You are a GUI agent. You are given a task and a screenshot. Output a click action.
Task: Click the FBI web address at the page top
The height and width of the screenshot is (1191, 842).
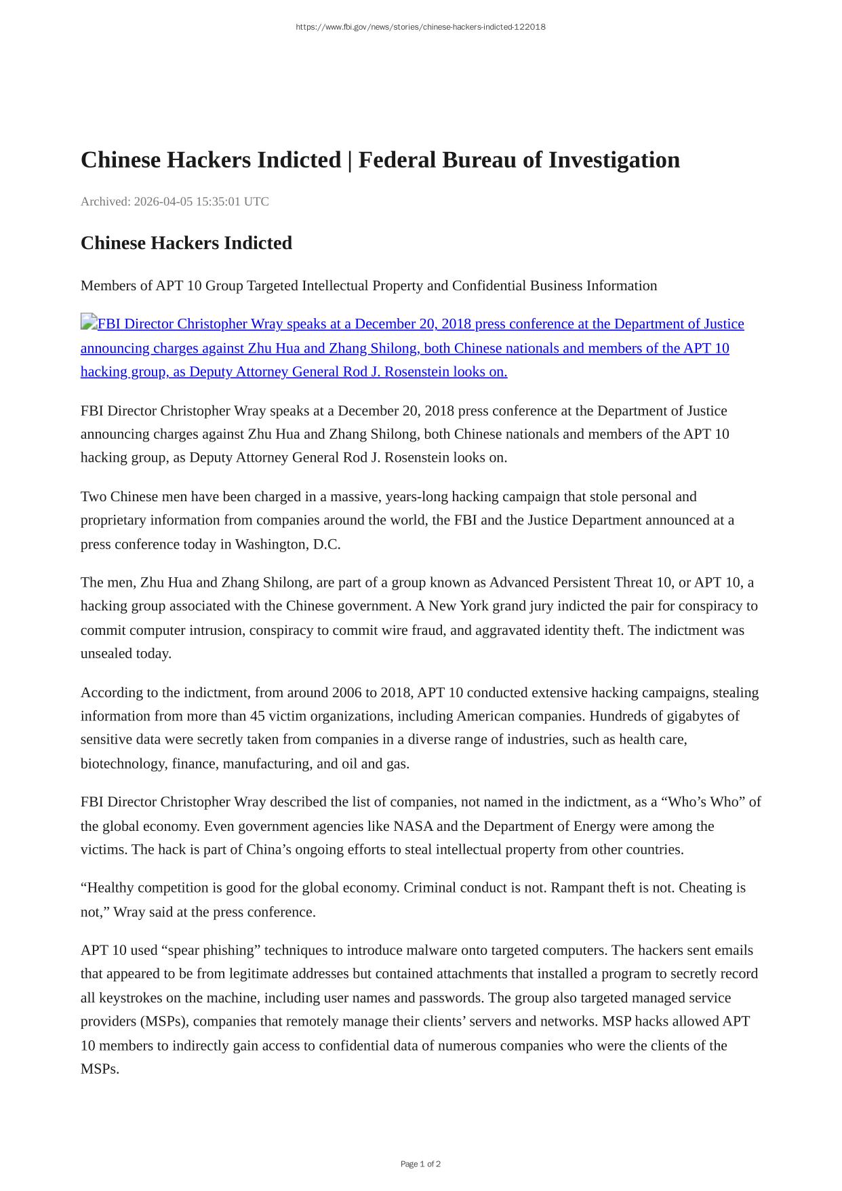point(420,27)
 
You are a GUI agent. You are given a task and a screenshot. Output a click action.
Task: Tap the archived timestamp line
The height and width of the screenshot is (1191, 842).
point(174,201)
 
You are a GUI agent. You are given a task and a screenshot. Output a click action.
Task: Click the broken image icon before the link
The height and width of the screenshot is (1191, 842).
point(89,322)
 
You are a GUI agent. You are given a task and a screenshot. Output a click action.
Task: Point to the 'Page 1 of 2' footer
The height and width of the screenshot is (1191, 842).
point(420,1164)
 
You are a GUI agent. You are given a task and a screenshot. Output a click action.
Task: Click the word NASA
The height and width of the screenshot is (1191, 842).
point(413,826)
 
